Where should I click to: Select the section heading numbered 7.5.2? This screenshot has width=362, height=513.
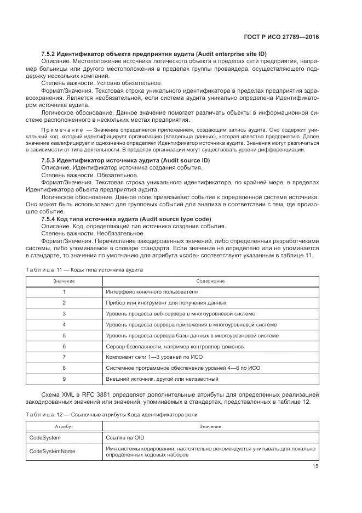(154, 54)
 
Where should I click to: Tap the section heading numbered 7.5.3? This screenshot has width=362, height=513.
(125, 160)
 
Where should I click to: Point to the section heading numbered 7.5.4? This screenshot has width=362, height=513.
(126, 218)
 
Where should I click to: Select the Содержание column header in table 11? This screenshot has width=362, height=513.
(211, 281)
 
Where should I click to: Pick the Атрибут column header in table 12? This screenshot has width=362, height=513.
(64, 426)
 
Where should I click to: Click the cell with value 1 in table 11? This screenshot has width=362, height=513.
(64, 291)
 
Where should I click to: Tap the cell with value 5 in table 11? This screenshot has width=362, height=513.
(64, 335)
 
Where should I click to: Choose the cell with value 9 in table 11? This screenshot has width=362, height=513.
(64, 379)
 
